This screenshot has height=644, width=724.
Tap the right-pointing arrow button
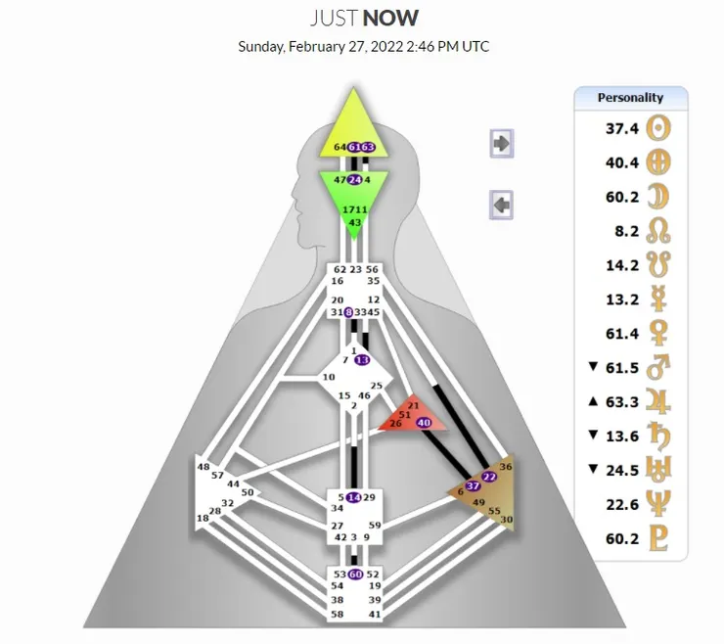(x=501, y=143)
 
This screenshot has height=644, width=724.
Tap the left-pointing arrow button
(x=501, y=205)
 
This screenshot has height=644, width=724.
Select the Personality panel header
(x=630, y=97)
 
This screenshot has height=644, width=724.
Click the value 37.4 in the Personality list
(x=622, y=127)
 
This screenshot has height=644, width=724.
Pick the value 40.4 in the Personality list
(x=622, y=161)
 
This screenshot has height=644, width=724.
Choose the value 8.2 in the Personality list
(x=626, y=230)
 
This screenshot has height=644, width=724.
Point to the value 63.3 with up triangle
(x=622, y=401)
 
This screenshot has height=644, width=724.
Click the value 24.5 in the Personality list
(x=622, y=470)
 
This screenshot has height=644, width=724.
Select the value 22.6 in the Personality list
(x=622, y=504)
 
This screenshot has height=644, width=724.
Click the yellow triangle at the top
(x=354, y=122)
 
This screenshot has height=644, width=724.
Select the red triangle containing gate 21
(x=411, y=417)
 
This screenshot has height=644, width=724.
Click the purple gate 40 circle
(x=424, y=422)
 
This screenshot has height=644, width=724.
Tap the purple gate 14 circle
(x=354, y=497)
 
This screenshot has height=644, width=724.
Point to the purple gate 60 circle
(x=355, y=574)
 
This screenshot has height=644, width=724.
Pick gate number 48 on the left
(x=204, y=467)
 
